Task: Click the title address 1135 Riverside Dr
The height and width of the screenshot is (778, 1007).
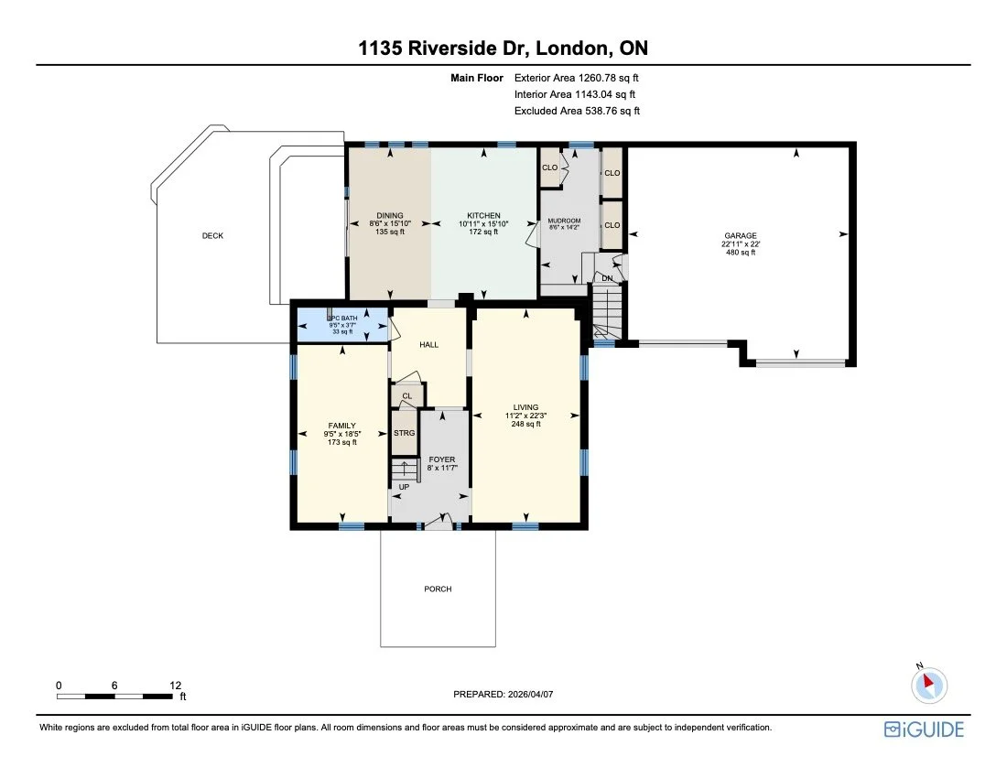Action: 503,49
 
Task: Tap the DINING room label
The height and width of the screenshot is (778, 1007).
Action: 390,216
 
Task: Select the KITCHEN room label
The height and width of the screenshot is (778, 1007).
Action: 482,216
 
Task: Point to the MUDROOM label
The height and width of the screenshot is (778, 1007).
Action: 564,221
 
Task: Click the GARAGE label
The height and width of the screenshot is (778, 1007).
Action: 741,236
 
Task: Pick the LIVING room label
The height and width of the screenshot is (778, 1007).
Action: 525,407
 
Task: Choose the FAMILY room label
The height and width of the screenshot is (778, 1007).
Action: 342,426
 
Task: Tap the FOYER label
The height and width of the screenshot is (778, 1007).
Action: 442,459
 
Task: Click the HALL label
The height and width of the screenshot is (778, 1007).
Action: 428,345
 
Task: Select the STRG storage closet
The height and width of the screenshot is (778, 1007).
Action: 404,433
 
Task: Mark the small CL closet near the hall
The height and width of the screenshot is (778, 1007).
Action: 406,396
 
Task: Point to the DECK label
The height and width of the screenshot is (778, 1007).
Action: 212,236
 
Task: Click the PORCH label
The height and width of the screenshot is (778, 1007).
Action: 438,589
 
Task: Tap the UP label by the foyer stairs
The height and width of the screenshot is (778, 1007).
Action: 404,486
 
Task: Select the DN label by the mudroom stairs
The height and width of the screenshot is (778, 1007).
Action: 606,277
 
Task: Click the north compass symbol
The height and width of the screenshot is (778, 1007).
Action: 929,683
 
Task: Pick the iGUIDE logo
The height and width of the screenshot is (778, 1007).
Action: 924,729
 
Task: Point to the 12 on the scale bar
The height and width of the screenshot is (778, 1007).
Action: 177,685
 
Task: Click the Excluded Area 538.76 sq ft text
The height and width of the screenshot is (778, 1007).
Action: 577,111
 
